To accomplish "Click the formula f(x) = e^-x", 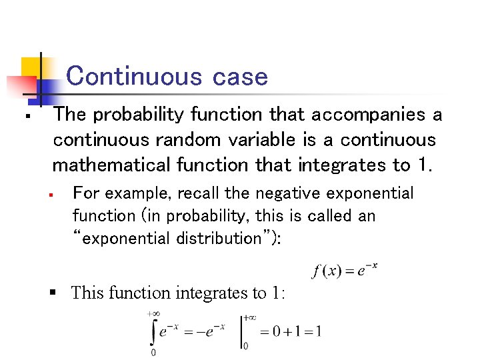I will coord(345,270).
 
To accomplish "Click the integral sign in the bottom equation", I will coord(153,331).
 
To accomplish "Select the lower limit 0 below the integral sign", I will coord(153,353).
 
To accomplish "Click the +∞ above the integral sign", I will coord(153,313).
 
